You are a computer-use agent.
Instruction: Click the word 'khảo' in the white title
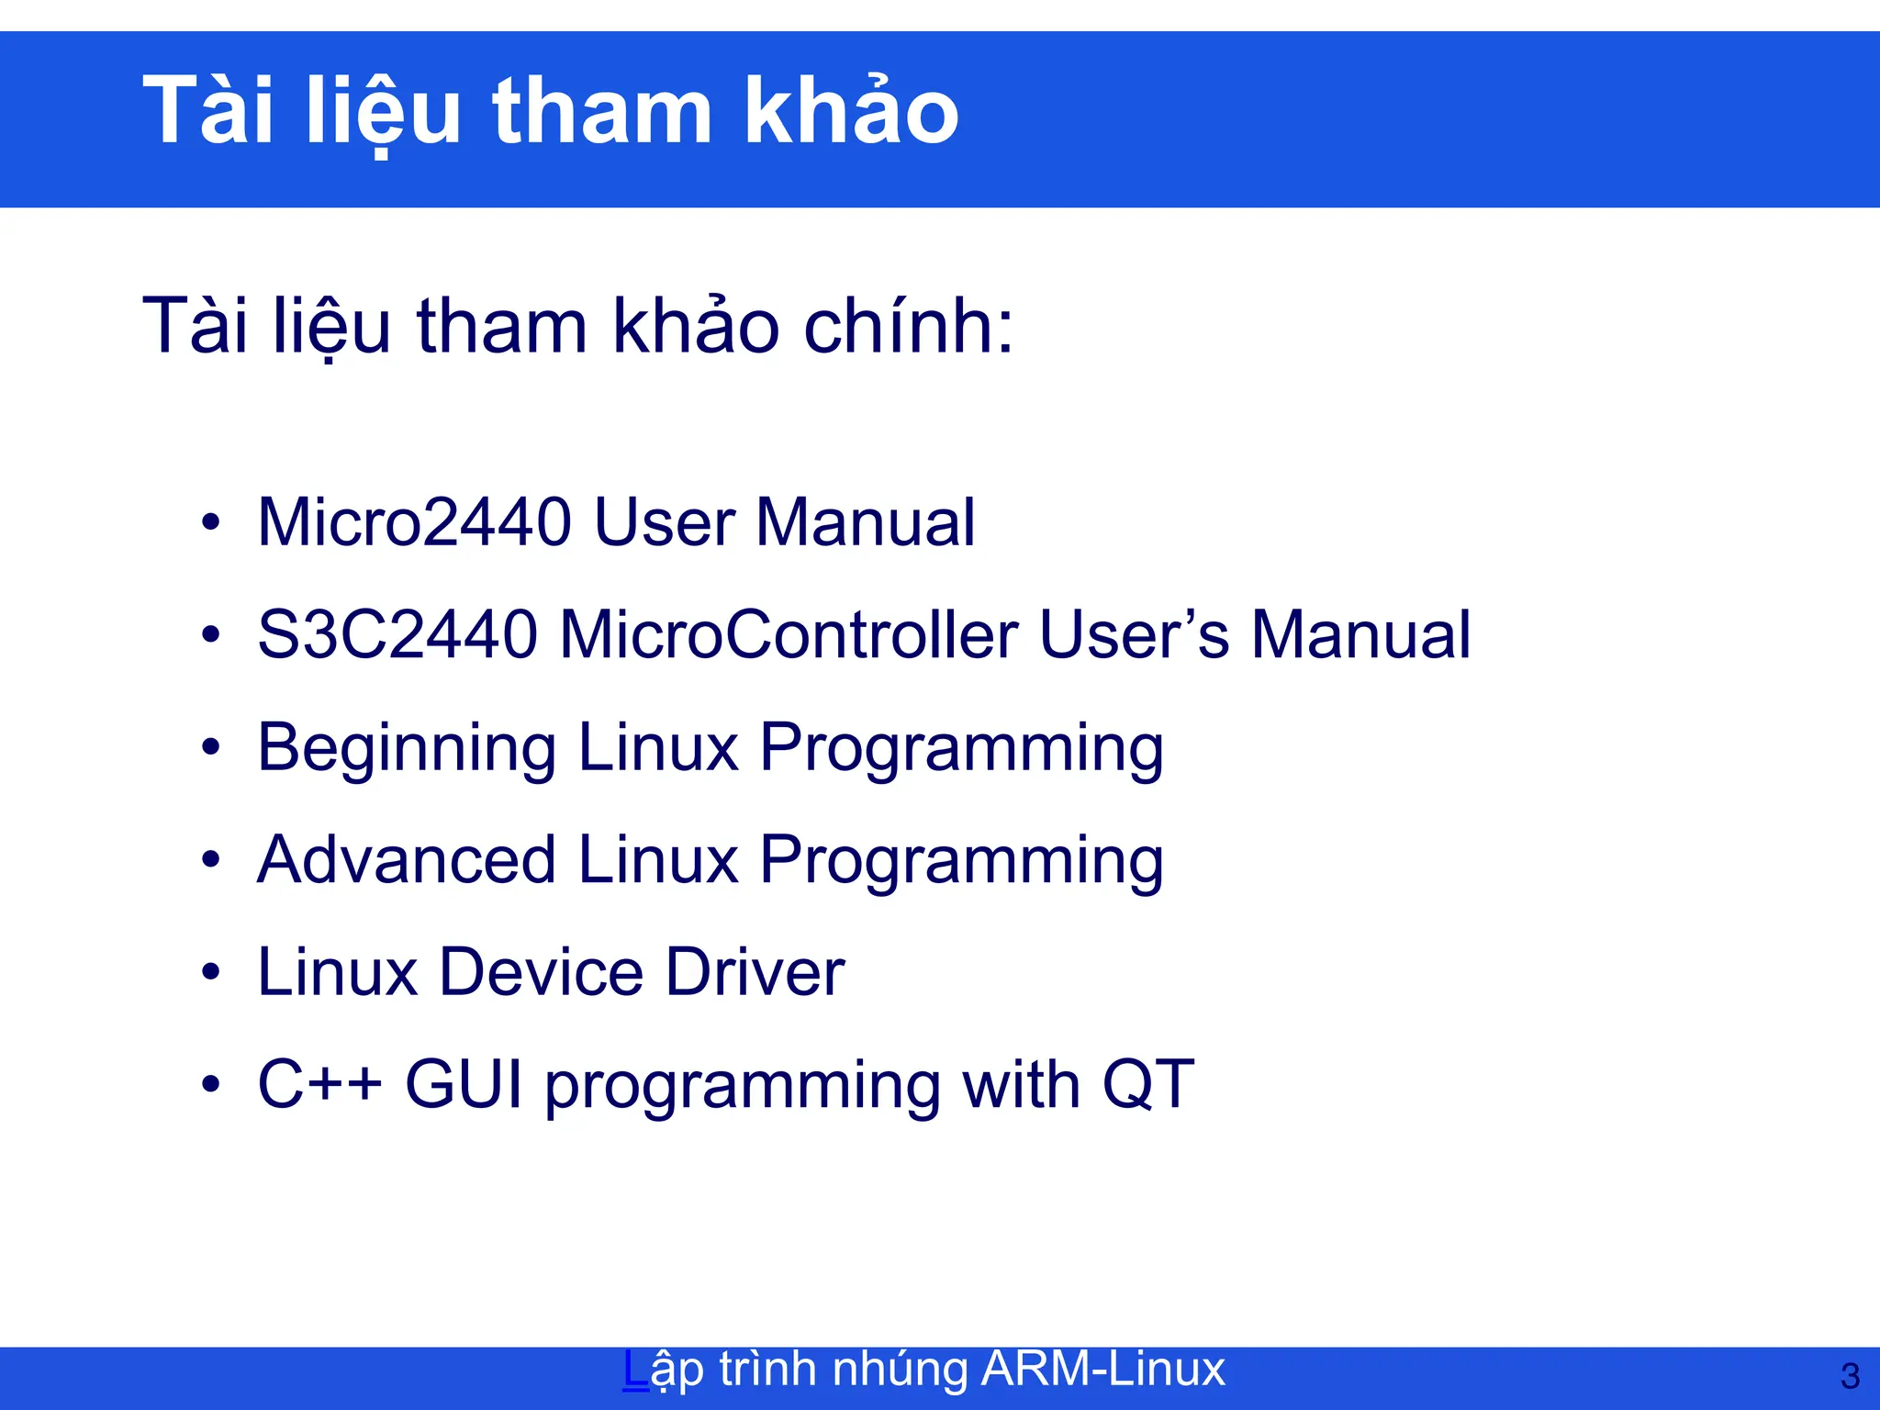(850, 112)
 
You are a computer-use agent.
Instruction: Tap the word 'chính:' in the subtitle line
(909, 326)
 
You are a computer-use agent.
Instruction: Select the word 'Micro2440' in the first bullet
(415, 522)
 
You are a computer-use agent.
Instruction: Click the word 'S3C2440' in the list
(397, 634)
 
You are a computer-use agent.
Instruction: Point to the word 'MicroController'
(789, 634)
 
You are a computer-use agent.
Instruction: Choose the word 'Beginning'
(407, 748)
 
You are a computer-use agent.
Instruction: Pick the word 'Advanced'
(407, 860)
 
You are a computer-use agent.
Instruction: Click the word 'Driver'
(755, 972)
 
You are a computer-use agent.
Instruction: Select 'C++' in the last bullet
(319, 1084)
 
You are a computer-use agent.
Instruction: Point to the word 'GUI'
(464, 1084)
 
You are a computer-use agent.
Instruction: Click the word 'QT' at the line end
(1147, 1084)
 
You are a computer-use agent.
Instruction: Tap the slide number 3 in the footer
(1850, 1376)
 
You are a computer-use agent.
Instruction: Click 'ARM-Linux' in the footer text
(1102, 1369)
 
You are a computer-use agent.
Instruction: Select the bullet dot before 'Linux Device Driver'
(211, 972)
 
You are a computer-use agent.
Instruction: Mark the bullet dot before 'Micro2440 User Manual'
(211, 522)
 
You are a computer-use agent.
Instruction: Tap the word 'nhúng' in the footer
(899, 1369)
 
